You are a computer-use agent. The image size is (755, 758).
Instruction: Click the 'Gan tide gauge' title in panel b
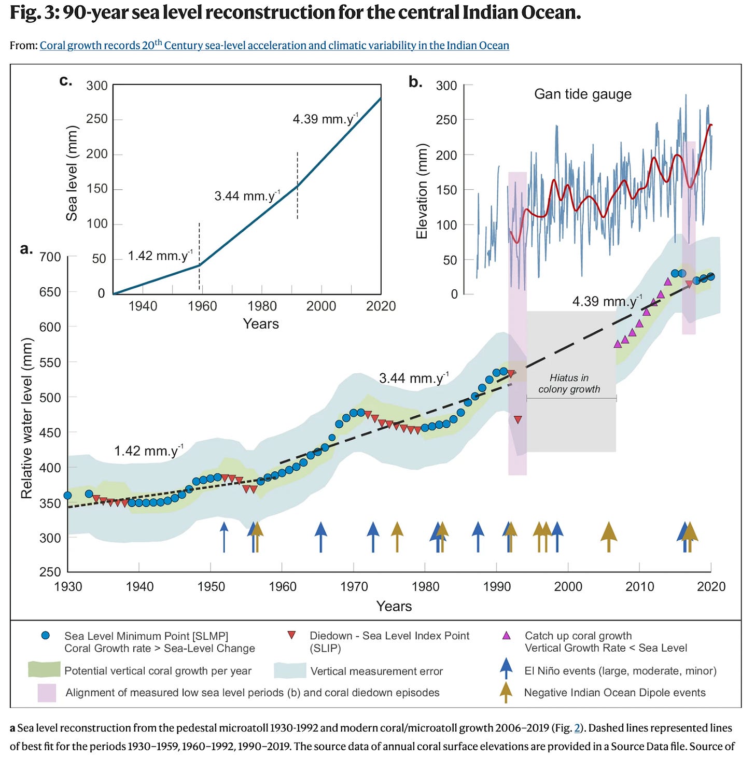click(582, 94)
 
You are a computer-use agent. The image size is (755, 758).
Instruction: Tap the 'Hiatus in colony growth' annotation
click(569, 384)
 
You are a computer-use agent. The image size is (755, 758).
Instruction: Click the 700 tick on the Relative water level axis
click(50, 257)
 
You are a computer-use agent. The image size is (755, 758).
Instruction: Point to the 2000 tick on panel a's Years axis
click(568, 586)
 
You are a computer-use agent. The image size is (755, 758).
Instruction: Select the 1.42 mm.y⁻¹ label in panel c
click(160, 256)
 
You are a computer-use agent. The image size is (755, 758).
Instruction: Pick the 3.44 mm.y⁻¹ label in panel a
click(413, 378)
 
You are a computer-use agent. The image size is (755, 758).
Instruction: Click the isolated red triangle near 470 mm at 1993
click(518, 419)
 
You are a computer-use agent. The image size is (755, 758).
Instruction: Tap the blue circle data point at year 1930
click(67, 495)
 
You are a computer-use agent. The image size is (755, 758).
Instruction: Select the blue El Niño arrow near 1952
click(224, 535)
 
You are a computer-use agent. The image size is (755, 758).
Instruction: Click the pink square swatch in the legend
click(47, 693)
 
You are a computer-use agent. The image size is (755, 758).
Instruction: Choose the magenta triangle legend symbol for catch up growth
click(507, 636)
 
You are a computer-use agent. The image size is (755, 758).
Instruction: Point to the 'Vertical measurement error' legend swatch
click(290, 670)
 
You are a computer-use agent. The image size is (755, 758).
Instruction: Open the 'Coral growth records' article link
click(274, 46)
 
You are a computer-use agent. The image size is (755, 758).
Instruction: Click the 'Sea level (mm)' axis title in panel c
click(72, 173)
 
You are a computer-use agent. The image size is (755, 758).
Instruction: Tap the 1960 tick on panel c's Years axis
click(202, 306)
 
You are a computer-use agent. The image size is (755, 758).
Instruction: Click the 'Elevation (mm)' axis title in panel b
click(422, 191)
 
